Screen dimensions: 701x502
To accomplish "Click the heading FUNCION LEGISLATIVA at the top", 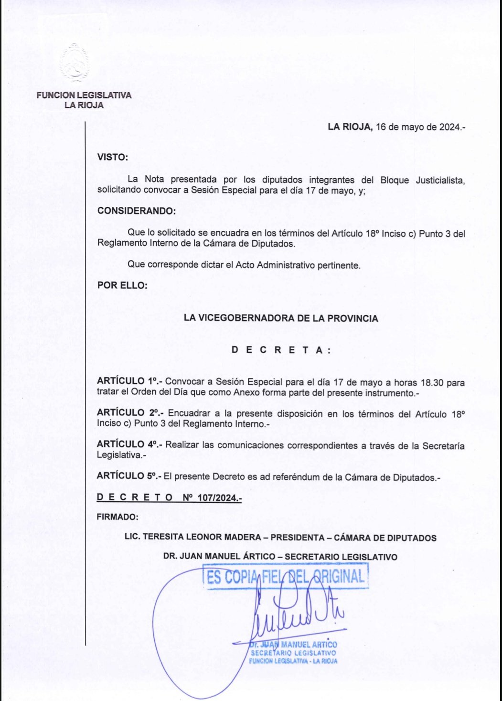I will (84, 95).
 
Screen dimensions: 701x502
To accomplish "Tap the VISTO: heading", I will (113, 157).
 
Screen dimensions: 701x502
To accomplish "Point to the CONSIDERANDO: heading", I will (136, 211).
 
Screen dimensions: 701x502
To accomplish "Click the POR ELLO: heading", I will (122, 285).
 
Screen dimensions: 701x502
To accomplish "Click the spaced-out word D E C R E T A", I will (281, 350).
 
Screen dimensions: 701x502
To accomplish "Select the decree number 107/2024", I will (219, 497).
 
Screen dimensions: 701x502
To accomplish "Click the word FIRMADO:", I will (117, 517).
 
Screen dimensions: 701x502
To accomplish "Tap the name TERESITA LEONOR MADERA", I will (202, 537).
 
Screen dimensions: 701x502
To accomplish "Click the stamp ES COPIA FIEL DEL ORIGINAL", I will (286, 576).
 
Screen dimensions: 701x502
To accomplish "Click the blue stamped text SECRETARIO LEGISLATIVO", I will (293, 653).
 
